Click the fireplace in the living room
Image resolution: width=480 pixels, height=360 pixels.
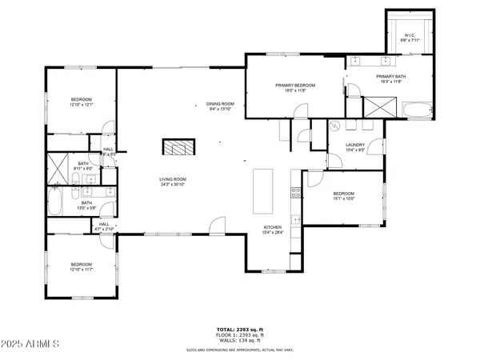click(x=178, y=146)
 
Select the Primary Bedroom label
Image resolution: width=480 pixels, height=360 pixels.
click(x=295, y=85)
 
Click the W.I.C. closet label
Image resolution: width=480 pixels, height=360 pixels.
click(x=408, y=34)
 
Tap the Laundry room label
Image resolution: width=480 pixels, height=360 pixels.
click(x=355, y=145)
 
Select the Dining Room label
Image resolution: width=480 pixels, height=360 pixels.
click(x=220, y=103)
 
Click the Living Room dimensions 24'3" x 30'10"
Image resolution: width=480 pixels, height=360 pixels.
click(x=173, y=185)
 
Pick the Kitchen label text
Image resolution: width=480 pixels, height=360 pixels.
click(x=274, y=227)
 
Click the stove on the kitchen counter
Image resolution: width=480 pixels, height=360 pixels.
click(x=296, y=192)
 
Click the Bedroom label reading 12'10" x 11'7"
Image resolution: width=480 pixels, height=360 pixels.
click(x=81, y=265)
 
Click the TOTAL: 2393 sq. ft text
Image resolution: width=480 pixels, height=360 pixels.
click(x=239, y=330)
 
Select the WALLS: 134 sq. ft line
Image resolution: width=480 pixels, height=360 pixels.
click(x=239, y=341)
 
